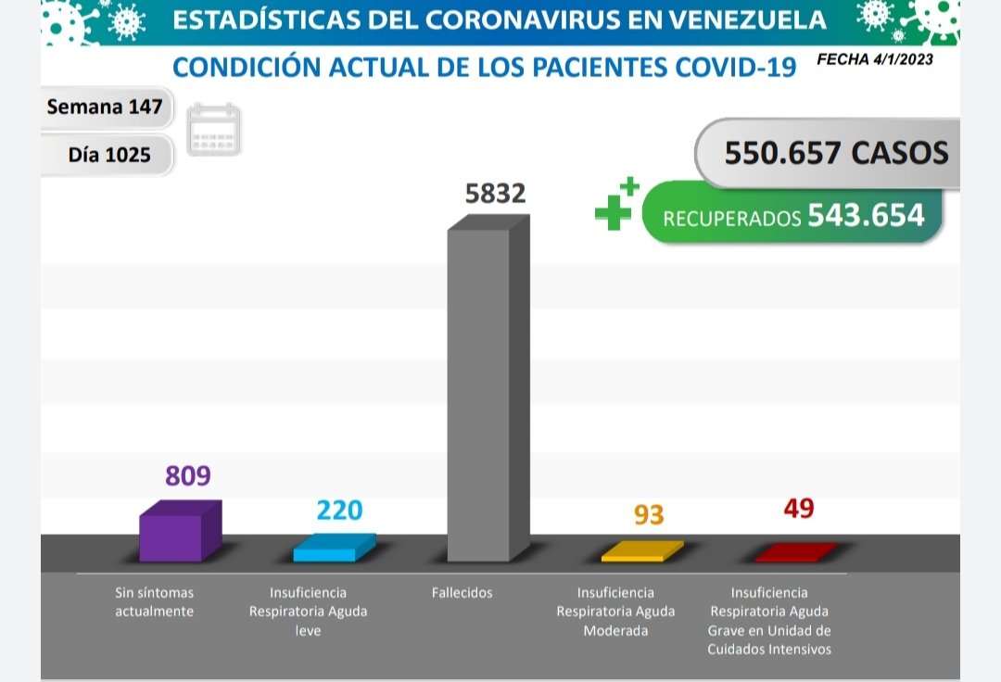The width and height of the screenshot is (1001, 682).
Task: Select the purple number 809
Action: (188, 476)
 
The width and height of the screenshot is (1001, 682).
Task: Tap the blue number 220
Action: (339, 511)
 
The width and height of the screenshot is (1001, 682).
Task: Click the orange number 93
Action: (649, 515)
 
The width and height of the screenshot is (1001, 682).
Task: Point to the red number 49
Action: (798, 509)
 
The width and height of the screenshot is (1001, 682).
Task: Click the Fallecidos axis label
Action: (462, 593)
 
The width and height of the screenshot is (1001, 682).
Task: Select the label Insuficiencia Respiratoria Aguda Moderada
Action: (615, 612)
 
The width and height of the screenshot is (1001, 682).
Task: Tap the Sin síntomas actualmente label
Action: (154, 602)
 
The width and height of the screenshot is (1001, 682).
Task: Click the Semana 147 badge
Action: (105, 107)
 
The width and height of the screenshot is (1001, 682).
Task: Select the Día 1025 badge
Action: (109, 155)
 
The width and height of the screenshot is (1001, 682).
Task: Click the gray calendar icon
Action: (214, 129)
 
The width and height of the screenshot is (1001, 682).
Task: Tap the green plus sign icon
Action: (616, 205)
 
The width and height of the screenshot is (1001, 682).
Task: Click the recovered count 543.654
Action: (866, 215)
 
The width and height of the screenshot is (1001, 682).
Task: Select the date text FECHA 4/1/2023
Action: (875, 59)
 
